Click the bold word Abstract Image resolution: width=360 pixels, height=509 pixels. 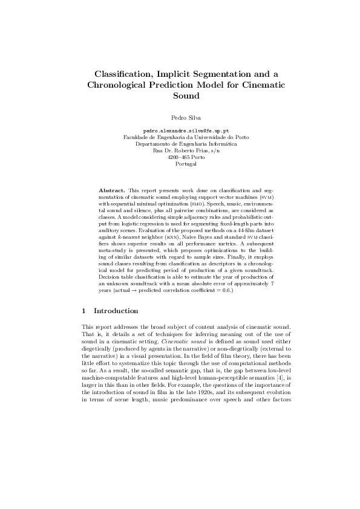point(112,190)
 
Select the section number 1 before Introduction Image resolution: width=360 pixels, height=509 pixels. point(83,311)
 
